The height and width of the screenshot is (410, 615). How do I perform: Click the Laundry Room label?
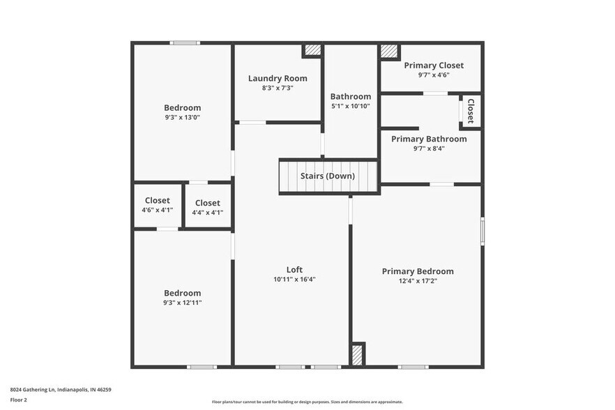pos(277,78)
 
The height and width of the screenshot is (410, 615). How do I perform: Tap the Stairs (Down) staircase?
pos(328,176)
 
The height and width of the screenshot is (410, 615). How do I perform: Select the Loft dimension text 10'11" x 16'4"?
pos(294,280)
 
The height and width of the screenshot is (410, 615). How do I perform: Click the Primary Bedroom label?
pos(417,271)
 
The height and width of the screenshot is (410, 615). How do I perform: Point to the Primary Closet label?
pos(433,66)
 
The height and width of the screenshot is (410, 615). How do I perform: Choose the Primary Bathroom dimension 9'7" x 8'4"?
pos(429,149)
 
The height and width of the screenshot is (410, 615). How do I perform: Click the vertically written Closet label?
pos(471,111)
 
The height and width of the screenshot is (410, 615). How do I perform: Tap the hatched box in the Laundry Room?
pos(312,50)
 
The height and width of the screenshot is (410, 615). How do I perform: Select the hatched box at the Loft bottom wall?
pos(357,354)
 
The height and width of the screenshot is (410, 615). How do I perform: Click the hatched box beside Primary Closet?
pos(389,52)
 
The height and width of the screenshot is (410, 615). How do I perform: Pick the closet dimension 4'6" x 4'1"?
pos(157,210)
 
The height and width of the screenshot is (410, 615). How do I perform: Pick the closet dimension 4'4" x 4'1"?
pos(207,213)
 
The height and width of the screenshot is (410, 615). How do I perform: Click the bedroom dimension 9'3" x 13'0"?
pos(182,117)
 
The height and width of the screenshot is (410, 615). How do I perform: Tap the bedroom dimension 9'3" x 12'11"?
pos(182,303)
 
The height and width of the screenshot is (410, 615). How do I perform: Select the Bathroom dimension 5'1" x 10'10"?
pos(350,106)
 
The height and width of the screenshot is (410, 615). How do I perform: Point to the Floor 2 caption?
pos(19,400)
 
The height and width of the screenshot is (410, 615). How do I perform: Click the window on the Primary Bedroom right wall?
pos(482,231)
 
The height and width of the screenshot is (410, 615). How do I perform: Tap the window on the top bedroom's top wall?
pos(185,43)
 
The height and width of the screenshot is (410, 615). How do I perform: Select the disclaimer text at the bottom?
pos(307,402)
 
